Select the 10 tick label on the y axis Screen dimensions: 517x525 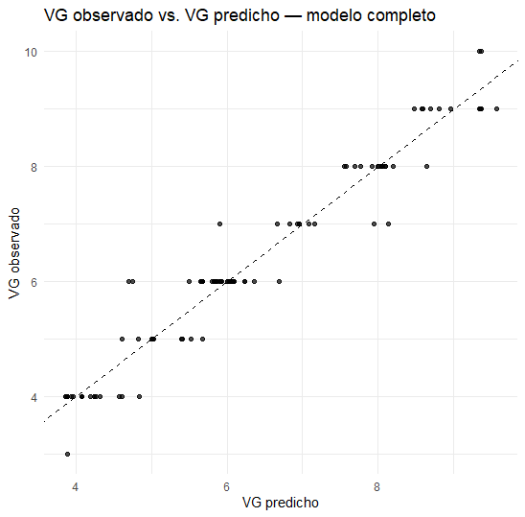[x=32, y=51]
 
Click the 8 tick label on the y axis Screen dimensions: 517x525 [x=34, y=166]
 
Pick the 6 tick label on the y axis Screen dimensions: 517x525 [x=34, y=281]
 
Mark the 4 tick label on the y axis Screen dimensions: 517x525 [x=34, y=396]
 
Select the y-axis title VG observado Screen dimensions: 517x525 [x=13, y=253]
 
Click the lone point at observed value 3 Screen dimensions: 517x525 [x=67, y=454]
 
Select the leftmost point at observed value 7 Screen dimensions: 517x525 [x=220, y=223]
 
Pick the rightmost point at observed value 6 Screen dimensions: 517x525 [x=279, y=281]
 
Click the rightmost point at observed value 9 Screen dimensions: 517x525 [x=496, y=108]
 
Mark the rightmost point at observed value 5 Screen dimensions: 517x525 [x=202, y=339]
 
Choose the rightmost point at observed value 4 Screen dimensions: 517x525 [x=139, y=396]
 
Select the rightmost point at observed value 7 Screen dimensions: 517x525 [x=388, y=223]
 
